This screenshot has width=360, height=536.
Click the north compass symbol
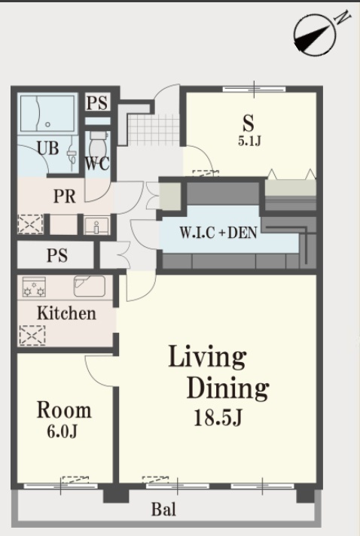315,34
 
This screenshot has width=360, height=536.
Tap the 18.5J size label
218,417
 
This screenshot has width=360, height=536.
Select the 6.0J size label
62,432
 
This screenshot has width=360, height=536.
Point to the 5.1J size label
249,141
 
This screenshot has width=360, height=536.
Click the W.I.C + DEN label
218,233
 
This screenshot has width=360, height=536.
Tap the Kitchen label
66,313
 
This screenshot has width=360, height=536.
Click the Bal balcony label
163,510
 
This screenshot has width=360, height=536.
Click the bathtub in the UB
47,114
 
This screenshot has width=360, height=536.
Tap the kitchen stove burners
34,287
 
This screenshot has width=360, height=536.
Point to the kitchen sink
90,286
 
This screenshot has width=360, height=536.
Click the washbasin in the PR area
96,226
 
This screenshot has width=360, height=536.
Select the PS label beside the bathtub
97,102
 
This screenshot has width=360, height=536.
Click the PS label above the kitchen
57,255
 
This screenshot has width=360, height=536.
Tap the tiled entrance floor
154,130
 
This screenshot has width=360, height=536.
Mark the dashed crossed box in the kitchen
32,335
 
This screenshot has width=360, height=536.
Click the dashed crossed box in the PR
30,224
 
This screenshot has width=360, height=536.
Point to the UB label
47,148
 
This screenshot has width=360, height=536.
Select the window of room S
254,90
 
